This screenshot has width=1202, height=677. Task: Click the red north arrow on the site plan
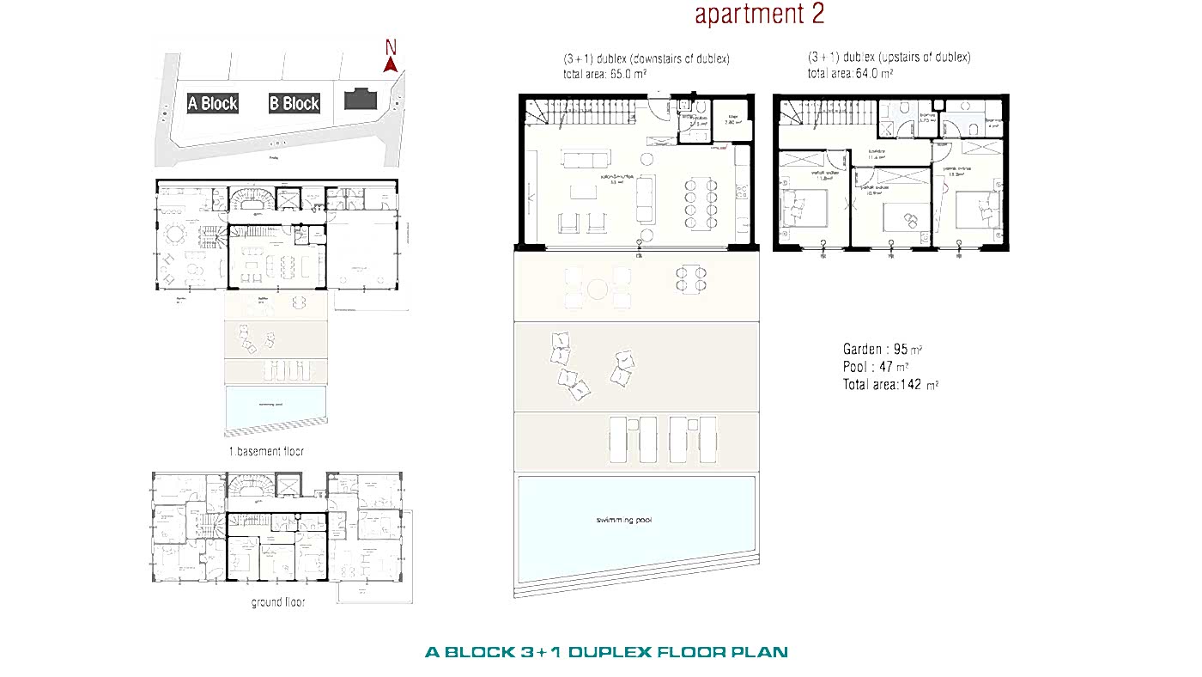pyautogui.click(x=390, y=63)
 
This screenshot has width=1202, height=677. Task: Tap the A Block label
pyautogui.click(x=212, y=103)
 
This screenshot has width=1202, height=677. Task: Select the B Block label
pyautogui.click(x=294, y=103)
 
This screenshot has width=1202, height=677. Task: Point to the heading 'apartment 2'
pyautogui.click(x=759, y=15)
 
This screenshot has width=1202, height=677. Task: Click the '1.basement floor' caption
pyautogui.click(x=265, y=451)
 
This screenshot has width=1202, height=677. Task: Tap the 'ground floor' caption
pyautogui.click(x=277, y=602)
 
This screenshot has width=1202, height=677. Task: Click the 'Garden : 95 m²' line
pyautogui.click(x=882, y=350)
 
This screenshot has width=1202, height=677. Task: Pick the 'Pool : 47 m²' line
pyautogui.click(x=875, y=367)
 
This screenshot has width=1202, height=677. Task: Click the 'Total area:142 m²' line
pyautogui.click(x=889, y=385)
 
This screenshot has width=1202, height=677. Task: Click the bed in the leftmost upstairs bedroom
pyautogui.click(x=803, y=208)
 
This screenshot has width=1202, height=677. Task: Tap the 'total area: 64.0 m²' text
pyautogui.click(x=849, y=74)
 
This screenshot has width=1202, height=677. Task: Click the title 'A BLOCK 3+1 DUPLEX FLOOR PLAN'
pyautogui.click(x=606, y=652)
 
